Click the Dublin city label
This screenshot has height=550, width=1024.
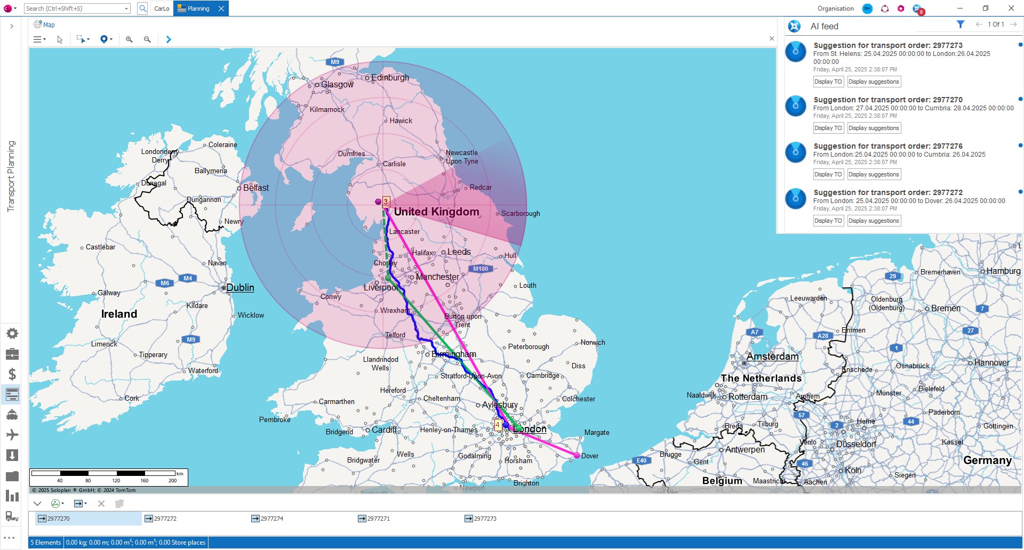[240, 288]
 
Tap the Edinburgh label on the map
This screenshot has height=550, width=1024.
[390, 78]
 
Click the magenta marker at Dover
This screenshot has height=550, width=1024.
[577, 455]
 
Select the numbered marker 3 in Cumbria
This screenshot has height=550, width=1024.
[386, 201]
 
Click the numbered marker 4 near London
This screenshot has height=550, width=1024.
[498, 425]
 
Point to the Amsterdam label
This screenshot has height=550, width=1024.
[772, 357]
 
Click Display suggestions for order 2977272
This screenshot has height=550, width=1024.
[873, 221]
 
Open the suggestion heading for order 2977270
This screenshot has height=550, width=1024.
[887, 100]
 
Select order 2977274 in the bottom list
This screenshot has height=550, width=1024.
[271, 519]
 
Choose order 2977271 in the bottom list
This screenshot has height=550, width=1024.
[378, 519]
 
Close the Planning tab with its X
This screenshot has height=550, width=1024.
[221, 9]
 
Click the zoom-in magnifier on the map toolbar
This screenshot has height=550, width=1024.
[129, 39]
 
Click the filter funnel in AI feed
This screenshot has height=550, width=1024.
[960, 25]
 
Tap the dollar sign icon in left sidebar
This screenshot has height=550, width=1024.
[12, 374]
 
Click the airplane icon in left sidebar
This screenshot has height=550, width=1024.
[12, 435]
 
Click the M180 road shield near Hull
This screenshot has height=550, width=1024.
[480, 269]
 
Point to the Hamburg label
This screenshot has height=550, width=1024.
[1003, 271]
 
